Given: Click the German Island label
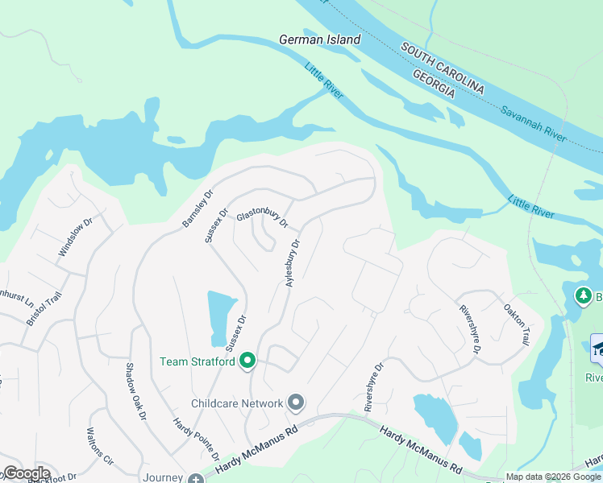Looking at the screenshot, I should [x=319, y=39].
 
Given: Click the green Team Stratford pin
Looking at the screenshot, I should [x=248, y=361].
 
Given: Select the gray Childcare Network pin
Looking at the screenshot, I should [x=297, y=402].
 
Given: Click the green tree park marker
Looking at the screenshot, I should [x=583, y=297].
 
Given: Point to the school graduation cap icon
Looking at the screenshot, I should [x=598, y=349].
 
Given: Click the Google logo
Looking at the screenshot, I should [x=26, y=473].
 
